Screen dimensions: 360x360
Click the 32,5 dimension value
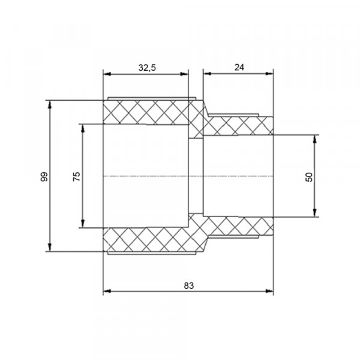[147, 68]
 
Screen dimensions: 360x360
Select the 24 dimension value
[239, 67]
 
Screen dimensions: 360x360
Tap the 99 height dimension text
[44, 176]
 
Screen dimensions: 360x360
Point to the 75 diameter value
[77, 176]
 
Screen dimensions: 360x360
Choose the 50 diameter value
[309, 177]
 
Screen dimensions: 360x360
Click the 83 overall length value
[189, 286]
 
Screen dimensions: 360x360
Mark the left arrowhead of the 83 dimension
[107, 291]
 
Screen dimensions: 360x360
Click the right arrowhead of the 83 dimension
[269, 291]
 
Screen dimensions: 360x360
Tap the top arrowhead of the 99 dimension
[50, 104]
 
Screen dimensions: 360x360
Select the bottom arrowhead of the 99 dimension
[50, 247]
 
